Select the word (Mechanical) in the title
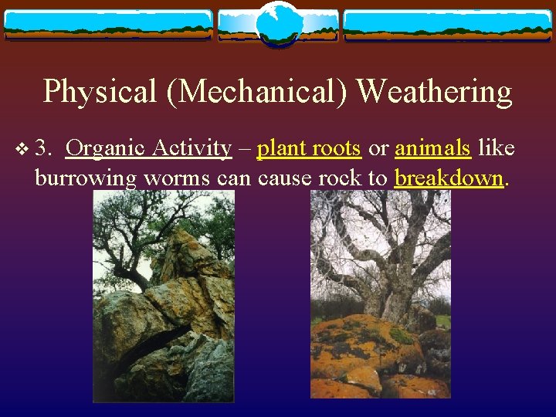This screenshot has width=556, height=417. click(x=252, y=92)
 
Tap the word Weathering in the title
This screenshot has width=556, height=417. click(x=435, y=92)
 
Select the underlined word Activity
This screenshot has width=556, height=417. click(x=192, y=147)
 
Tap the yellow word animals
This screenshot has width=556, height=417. click(x=432, y=147)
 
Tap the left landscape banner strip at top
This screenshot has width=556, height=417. click(x=108, y=25)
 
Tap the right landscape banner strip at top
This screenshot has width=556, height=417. click(x=448, y=25)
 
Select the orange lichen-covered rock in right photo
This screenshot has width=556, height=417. click(x=363, y=347)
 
